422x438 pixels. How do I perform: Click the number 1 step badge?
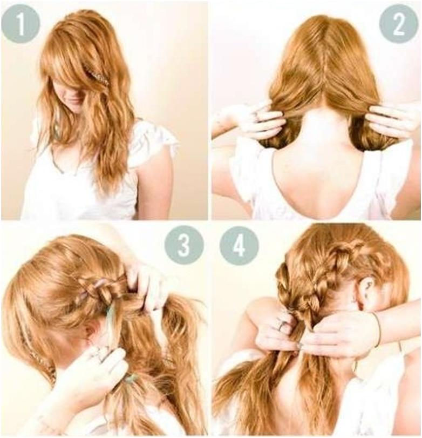coord(21,23)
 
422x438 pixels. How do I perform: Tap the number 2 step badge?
coord(399,24)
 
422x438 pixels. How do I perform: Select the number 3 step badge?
coord(184,246)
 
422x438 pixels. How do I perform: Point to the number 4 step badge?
coord(239,246)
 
